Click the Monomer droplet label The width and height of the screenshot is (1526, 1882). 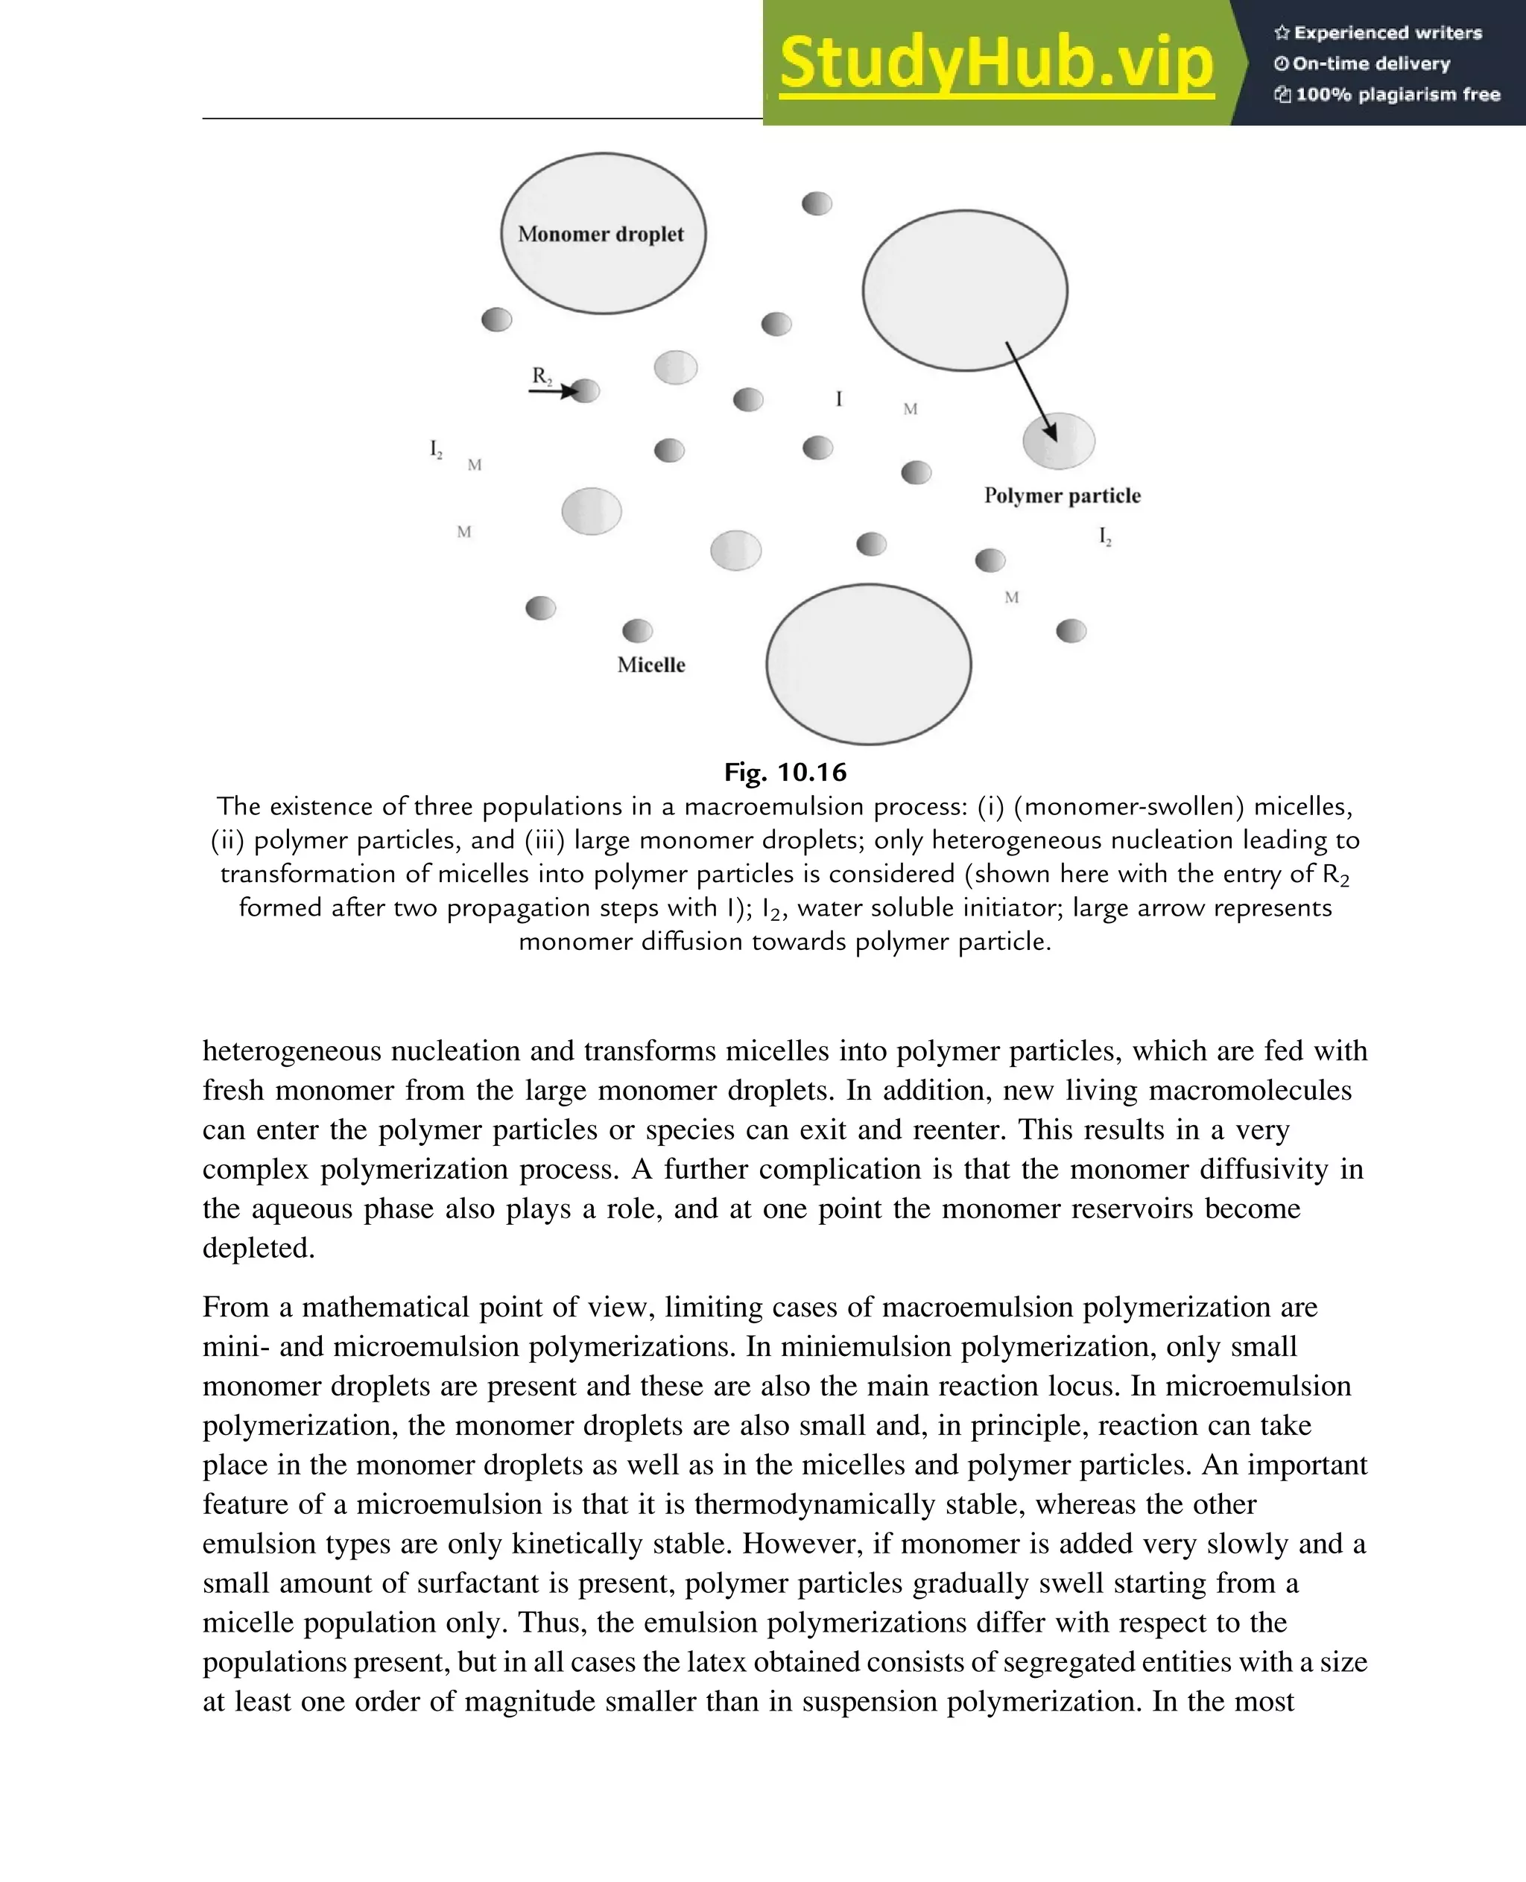coord(601,234)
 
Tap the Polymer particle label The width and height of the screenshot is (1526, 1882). coord(1062,495)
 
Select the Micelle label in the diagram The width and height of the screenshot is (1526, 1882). coord(650,665)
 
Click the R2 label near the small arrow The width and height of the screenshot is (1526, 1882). coord(542,376)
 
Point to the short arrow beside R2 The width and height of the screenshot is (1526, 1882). coord(552,391)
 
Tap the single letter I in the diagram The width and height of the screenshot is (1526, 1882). coord(838,399)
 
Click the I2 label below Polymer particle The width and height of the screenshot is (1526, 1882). coord(1105,536)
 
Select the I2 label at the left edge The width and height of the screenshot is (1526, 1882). coord(436,449)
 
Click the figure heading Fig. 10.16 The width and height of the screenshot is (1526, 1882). coord(785,772)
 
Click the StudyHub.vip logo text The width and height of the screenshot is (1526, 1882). coord(996,63)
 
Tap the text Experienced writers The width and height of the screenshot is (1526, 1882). coord(1387,34)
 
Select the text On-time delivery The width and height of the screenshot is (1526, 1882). coord(1370,63)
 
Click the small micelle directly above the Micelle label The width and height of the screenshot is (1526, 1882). coord(637,630)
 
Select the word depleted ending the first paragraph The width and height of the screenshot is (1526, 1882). coord(258,1247)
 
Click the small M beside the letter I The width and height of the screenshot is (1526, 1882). coord(910,409)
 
